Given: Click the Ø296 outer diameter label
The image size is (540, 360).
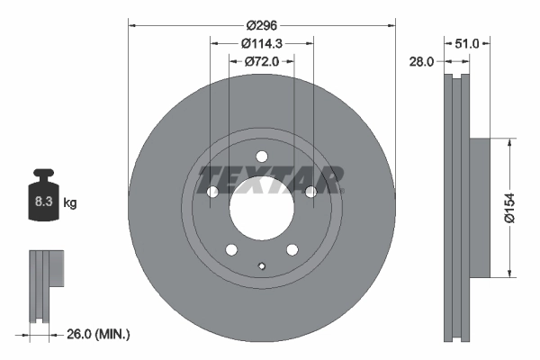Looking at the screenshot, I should point(262,26).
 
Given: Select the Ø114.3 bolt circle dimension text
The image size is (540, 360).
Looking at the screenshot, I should point(262,43).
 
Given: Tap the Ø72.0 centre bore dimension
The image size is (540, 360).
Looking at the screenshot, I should point(262,61).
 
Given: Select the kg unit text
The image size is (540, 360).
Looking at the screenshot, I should point(69,203).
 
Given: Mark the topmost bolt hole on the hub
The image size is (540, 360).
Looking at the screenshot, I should point(261,156).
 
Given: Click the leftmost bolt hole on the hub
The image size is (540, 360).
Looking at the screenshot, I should point(212,192).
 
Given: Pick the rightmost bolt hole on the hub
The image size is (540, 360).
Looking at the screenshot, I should point(310,191).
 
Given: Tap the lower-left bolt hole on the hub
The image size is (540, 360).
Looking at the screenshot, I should point(231,249).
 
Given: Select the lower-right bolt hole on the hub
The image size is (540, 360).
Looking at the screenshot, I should point(292,249).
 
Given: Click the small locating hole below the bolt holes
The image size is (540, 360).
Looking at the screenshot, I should point(261,265).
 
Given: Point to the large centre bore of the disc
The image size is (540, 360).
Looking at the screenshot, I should point(261,207).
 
